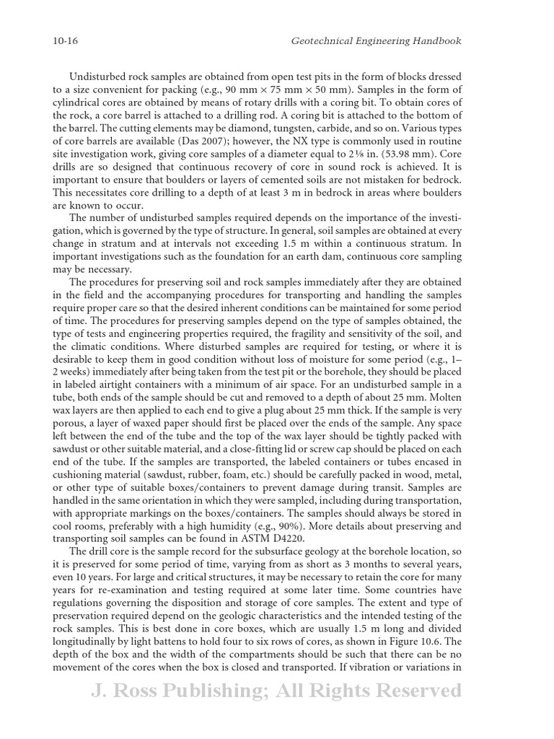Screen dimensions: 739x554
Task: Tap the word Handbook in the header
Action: (435, 41)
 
